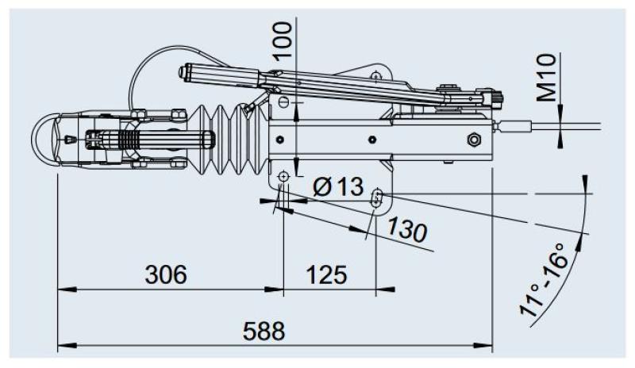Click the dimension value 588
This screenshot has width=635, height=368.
[x=263, y=331]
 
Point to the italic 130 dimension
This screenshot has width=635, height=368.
[x=407, y=229]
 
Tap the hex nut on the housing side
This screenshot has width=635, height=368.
[x=474, y=140]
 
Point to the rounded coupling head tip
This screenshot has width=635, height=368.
[x=41, y=138]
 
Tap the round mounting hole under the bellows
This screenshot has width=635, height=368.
[x=283, y=175]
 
